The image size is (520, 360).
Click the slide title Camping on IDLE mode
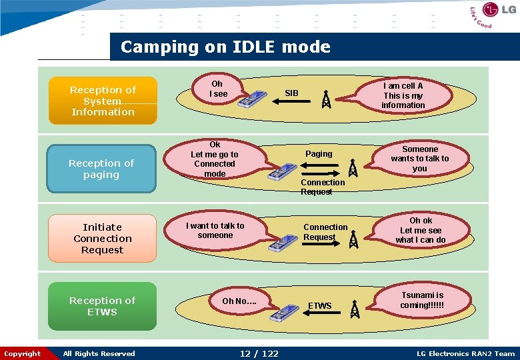point(225,47)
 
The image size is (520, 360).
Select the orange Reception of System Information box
point(103,101)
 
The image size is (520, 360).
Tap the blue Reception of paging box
point(101,169)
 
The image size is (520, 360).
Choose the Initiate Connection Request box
point(102,239)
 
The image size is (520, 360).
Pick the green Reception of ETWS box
point(102,306)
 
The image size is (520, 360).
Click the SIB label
point(292,93)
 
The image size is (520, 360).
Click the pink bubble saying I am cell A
point(403,95)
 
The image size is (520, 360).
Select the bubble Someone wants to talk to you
point(420,159)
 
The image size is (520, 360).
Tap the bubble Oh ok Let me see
point(421,230)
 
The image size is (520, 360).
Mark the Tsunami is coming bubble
point(422,300)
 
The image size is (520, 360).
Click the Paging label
point(319,154)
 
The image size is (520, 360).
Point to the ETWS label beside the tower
point(320,306)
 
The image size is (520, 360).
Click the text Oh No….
point(239,301)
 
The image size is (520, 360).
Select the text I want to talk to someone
point(215,231)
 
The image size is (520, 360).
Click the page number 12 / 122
point(259,353)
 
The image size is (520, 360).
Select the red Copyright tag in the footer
point(22,353)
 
